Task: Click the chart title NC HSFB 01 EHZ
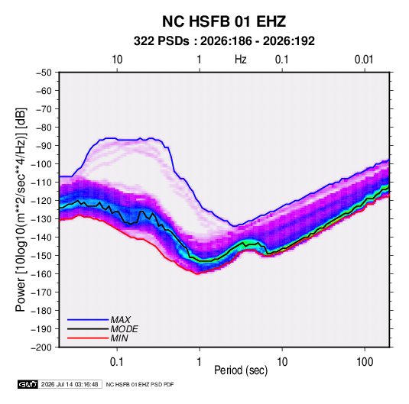[x=224, y=21]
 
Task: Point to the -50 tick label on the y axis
[x=44, y=73]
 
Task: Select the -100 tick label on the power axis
[x=41, y=164]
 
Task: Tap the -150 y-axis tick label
[x=41, y=256]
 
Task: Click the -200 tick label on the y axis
[x=41, y=347]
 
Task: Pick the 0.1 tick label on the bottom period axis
[x=117, y=362]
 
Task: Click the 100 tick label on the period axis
[x=365, y=362]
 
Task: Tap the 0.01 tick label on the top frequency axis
[x=364, y=60]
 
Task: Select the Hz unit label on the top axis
[x=241, y=60]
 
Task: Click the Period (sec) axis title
[x=241, y=370]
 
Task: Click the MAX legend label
[x=120, y=319]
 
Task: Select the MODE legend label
[x=124, y=329]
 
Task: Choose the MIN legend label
[x=119, y=338]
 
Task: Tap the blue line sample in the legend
[x=88, y=320]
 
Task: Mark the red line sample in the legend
[x=88, y=338]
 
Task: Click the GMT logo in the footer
[x=28, y=384]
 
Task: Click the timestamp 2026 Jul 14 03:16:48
[x=70, y=384]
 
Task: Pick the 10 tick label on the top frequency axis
[x=117, y=60]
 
